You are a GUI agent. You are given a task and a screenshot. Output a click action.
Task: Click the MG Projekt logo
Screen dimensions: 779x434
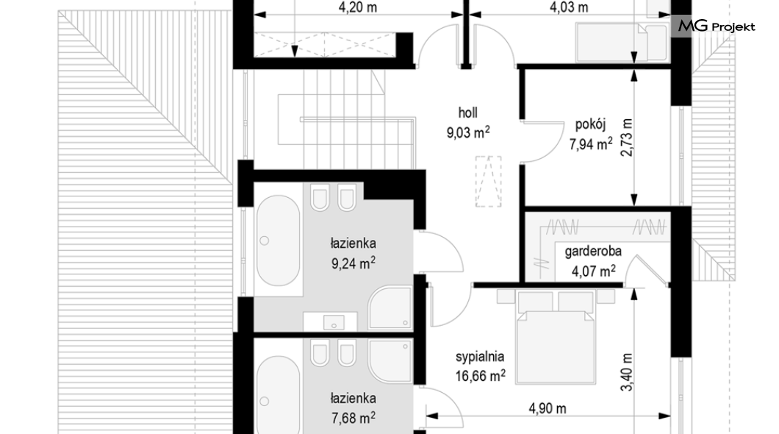716,26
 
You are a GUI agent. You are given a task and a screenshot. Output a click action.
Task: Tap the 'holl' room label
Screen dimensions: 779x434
467,113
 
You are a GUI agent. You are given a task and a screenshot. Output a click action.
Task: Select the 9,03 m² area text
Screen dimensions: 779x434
468,132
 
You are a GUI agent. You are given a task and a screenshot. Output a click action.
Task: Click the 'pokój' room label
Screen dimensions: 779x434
590,124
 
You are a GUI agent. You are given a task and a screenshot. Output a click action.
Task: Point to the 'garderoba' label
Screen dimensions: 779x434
592,251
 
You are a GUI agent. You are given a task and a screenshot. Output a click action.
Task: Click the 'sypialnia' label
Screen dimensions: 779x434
480,357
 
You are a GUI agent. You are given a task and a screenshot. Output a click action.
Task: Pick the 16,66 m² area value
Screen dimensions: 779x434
480,375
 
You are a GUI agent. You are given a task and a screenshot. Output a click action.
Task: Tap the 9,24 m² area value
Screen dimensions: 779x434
353,263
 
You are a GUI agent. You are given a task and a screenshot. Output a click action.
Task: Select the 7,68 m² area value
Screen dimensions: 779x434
353,418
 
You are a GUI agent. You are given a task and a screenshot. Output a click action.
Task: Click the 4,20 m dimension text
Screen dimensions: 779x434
358,8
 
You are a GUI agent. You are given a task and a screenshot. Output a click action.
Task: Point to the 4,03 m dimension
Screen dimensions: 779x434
569,8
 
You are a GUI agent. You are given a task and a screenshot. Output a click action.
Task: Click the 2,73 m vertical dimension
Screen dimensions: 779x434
627,138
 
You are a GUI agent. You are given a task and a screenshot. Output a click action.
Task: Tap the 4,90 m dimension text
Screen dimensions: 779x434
547,409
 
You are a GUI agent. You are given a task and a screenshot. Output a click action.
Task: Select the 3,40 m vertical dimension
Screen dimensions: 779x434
627,372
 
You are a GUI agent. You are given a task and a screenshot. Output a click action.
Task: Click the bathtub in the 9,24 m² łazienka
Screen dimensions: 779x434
278,241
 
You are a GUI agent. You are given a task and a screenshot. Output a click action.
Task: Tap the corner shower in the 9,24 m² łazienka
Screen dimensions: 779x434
390,307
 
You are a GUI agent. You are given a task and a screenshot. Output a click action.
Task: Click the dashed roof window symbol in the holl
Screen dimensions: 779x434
488,182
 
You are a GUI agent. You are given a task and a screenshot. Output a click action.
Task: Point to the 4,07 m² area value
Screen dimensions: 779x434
593,271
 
